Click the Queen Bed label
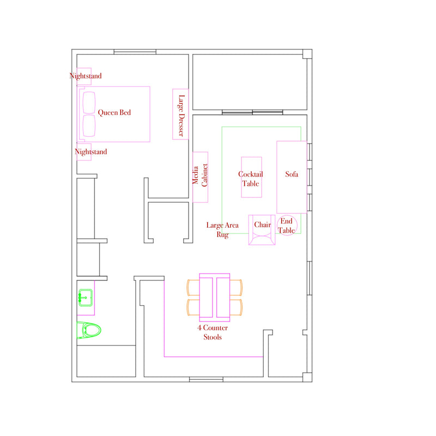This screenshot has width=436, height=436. [x=114, y=112]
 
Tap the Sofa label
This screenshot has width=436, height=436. [x=292, y=174]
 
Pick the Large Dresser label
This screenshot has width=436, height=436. [x=181, y=116]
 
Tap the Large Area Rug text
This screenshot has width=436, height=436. [x=222, y=229]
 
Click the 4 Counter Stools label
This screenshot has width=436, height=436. [x=213, y=332]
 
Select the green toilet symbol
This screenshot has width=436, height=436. [x=89, y=330]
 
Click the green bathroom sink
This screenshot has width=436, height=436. [x=85, y=298]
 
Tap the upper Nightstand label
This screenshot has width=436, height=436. [x=86, y=76]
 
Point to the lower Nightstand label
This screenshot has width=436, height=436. [x=90, y=152]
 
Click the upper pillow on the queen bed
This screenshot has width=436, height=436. [x=89, y=103]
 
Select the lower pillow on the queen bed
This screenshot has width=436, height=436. [x=89, y=126]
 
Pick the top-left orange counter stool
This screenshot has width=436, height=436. [x=193, y=288]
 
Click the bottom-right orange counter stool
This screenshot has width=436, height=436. [x=236, y=307]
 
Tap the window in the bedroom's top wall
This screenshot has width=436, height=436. [x=135, y=52]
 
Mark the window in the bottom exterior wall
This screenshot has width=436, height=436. [x=206, y=379]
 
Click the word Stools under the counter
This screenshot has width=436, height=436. [x=213, y=337]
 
